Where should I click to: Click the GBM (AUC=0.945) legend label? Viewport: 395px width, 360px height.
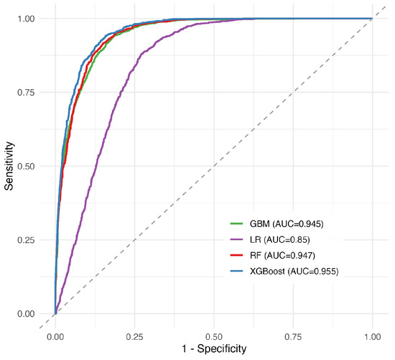point(287,223)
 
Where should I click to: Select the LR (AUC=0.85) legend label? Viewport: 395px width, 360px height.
point(279,239)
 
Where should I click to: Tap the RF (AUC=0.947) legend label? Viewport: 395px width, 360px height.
point(282,255)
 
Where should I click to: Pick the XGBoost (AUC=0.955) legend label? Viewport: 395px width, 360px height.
point(294,272)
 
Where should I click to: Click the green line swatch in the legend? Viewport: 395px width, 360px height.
point(236,223)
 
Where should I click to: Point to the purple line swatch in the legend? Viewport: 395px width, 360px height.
point(236,239)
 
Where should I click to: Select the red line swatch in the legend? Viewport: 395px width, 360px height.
point(236,255)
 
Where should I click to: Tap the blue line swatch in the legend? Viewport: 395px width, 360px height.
point(236,271)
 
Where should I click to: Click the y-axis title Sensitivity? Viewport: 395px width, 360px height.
point(9,166)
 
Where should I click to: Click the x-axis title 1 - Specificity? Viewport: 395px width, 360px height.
point(214,349)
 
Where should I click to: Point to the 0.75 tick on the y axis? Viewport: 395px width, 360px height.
point(26,93)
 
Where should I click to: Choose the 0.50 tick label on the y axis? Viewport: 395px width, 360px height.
point(26,167)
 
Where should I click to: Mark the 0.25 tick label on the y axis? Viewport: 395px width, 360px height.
point(26,240)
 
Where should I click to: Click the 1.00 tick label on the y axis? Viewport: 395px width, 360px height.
point(26,19)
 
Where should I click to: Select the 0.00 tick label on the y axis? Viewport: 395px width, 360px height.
point(26,314)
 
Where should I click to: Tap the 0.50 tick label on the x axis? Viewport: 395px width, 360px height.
point(214,337)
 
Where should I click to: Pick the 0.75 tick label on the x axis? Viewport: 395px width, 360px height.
point(293,337)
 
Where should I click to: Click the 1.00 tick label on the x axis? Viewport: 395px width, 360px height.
point(372,337)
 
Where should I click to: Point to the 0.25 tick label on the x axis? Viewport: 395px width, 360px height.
point(134,337)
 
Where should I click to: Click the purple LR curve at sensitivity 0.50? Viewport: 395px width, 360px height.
point(96,166)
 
